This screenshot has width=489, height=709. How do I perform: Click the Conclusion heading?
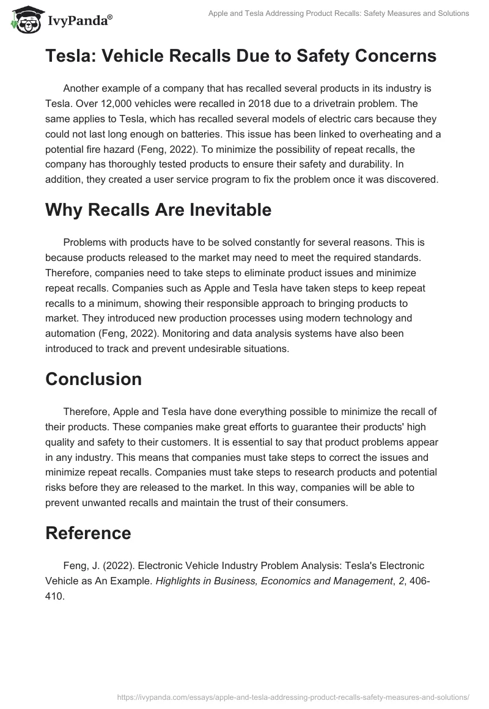pyautogui.click(x=94, y=379)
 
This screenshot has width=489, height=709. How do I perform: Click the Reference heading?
pyautogui.click(x=88, y=533)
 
